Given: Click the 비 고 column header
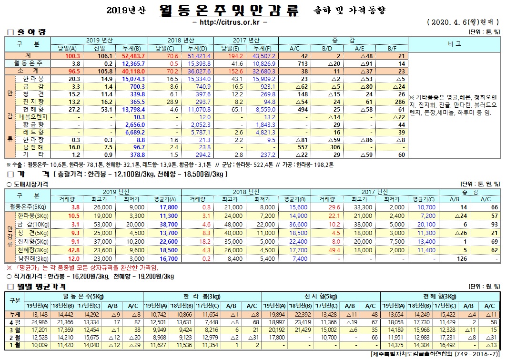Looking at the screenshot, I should click(454, 44).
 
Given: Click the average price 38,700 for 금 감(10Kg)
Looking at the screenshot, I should click(155, 224).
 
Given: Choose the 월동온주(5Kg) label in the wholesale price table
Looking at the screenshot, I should click(28, 207).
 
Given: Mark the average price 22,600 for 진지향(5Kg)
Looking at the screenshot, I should click(155, 241).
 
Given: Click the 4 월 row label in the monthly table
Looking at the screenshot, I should click(15, 323).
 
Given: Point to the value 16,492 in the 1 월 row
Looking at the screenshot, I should click(445, 345).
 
